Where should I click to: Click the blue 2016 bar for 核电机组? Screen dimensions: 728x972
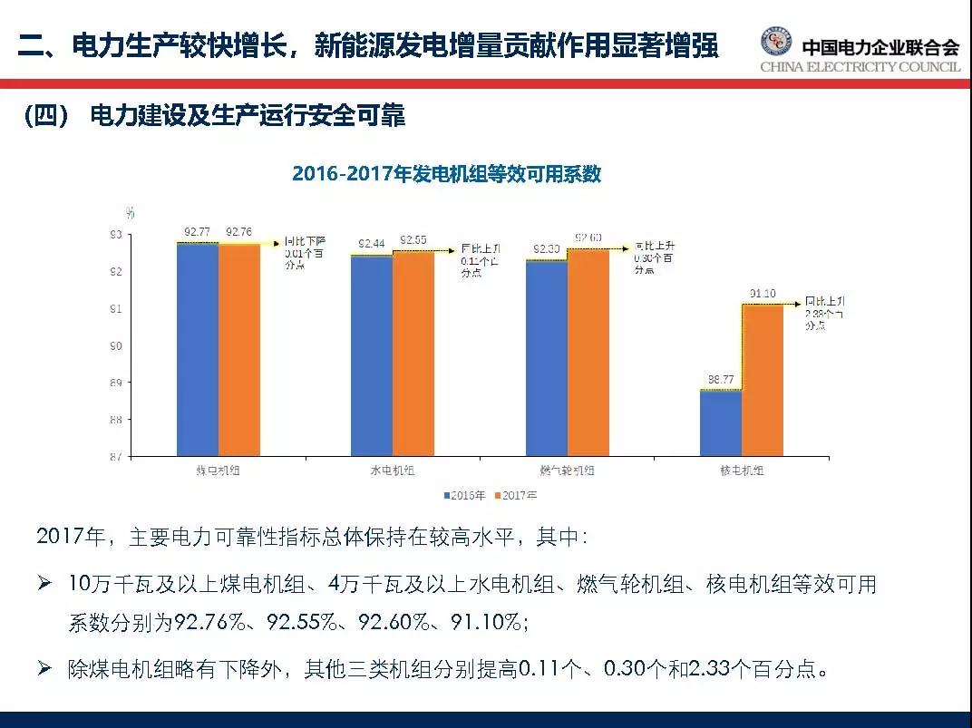pos(721,422)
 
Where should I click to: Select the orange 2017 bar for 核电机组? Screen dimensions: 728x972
pos(763,380)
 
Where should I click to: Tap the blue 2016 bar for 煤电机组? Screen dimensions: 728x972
pos(197,349)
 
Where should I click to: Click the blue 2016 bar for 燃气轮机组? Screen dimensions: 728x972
pos(547,358)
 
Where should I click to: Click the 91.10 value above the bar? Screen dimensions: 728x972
pos(763,294)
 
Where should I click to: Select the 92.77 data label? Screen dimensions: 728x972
pos(198,233)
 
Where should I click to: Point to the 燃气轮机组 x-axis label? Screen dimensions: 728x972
pos(568,471)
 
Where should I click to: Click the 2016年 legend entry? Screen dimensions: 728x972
pos(465,495)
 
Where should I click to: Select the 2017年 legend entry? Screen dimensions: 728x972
pos(517,495)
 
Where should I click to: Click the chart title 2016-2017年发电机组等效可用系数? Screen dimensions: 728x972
pos(446,174)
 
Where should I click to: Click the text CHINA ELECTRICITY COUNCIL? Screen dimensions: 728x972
pos(859,67)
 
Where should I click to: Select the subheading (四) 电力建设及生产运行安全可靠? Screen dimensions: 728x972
pos(214,117)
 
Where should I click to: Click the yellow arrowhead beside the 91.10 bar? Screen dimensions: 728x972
pos(800,304)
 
